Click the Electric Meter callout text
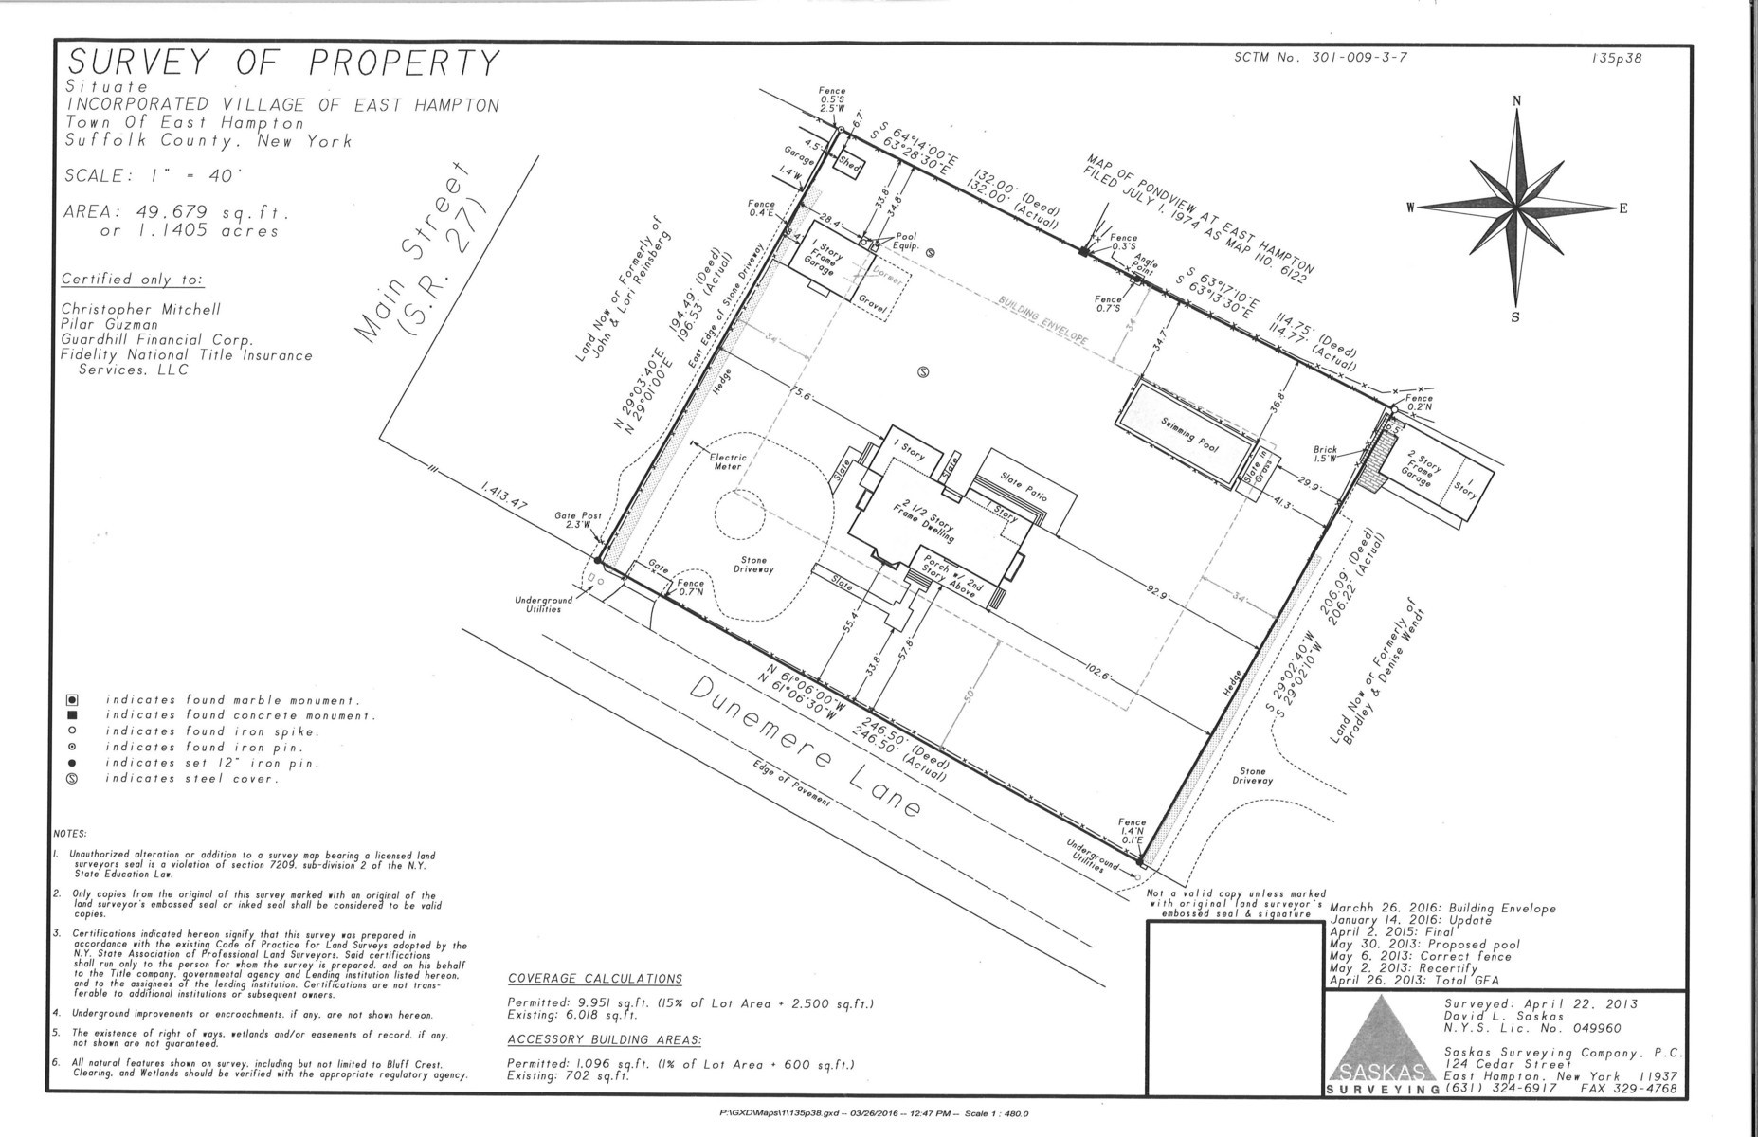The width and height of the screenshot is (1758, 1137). (729, 461)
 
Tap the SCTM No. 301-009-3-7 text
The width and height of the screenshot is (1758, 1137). (1321, 57)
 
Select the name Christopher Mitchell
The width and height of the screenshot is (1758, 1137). (140, 310)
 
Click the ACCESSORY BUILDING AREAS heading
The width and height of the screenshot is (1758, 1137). (604, 1039)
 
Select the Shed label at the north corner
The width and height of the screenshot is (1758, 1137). (844, 162)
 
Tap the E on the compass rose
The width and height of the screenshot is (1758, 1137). (1622, 209)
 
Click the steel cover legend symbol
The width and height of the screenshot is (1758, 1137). (71, 779)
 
